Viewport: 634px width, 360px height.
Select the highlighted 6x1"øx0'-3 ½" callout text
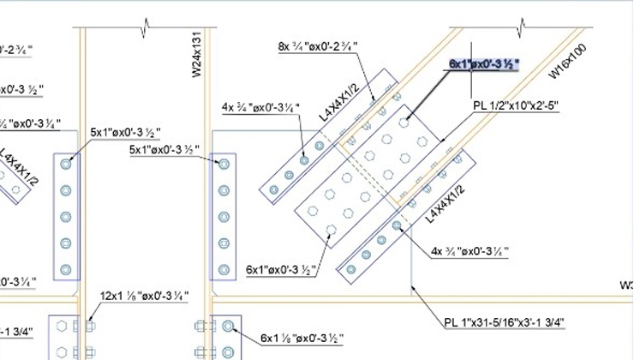484,63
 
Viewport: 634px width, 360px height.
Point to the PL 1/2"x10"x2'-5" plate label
515,105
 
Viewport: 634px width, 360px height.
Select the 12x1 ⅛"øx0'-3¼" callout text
144,295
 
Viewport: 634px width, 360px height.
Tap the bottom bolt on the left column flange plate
67,269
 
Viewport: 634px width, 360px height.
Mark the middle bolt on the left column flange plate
67,216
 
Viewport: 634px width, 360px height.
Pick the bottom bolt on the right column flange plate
224,269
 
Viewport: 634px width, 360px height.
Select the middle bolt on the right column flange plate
224,216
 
